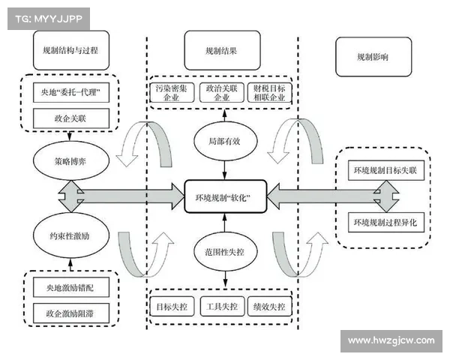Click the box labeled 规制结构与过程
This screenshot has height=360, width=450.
(71, 52)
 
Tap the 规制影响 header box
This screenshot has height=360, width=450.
(372, 56)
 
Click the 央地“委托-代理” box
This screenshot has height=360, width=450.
(71, 94)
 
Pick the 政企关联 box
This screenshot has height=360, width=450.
(71, 117)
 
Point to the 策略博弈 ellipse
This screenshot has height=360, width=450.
(71, 160)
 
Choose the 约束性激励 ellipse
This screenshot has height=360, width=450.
(71, 235)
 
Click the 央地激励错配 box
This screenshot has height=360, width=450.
(72, 286)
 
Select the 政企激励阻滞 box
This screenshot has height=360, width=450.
(72, 310)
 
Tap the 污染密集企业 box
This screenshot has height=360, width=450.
(172, 93)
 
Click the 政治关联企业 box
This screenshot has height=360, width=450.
(222, 93)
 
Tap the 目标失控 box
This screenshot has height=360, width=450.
(172, 307)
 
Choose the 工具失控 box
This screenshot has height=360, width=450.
(223, 307)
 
